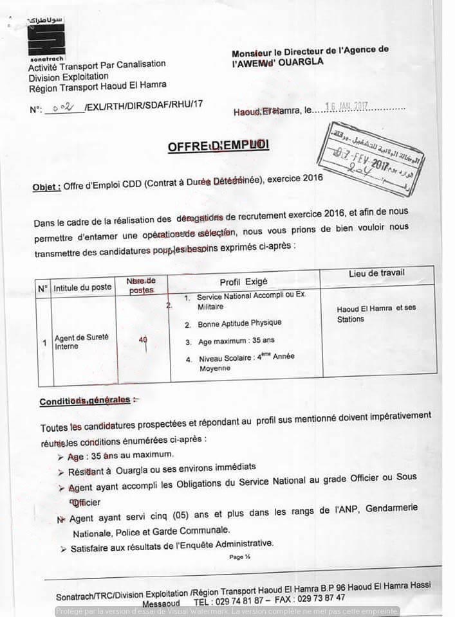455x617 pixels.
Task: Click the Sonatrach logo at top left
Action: [x=46, y=40]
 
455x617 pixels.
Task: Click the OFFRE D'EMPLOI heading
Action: [x=218, y=146]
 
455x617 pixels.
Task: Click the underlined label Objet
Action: [x=46, y=187]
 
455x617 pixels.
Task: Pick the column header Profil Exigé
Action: [x=243, y=282]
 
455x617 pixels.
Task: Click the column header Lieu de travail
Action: [x=376, y=273]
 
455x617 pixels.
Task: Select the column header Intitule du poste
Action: [x=82, y=287]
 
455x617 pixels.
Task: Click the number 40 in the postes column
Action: [x=143, y=340]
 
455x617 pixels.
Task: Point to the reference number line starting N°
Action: [x=116, y=107]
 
